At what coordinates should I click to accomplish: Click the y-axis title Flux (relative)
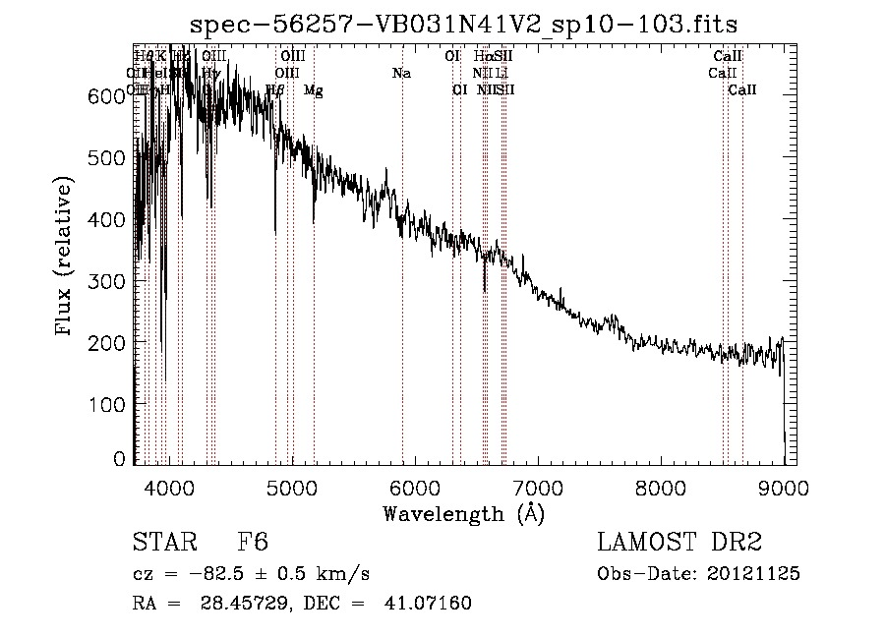click(x=65, y=258)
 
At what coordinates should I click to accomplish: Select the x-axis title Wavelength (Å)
click(x=463, y=513)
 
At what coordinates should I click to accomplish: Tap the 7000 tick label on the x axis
click(x=538, y=487)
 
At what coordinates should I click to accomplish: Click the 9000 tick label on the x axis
click(x=784, y=487)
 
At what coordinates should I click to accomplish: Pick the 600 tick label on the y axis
click(x=108, y=95)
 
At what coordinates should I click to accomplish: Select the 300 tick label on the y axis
click(x=108, y=281)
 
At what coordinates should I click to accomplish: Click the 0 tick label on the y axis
click(x=120, y=459)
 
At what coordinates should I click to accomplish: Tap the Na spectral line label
click(x=401, y=73)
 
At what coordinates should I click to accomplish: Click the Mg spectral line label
click(x=313, y=90)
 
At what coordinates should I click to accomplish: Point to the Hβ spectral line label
click(x=275, y=90)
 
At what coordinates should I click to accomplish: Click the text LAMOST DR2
click(x=680, y=543)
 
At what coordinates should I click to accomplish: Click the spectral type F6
click(x=254, y=543)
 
